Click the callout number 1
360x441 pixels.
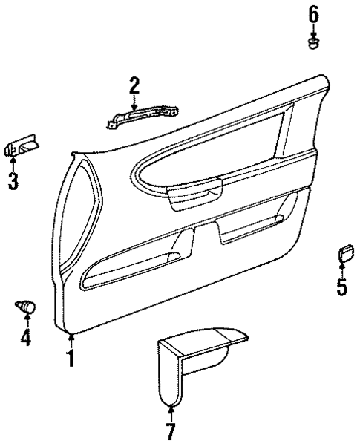pyautogui.click(x=71, y=360)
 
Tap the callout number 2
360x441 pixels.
pyautogui.click(x=134, y=86)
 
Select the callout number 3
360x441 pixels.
pyautogui.click(x=13, y=180)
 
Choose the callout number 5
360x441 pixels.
pyautogui.click(x=341, y=287)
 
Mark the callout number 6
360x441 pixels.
pyautogui.click(x=313, y=13)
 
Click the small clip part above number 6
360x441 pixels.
pyautogui.click(x=313, y=43)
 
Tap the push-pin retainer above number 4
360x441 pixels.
pyautogui.click(x=26, y=304)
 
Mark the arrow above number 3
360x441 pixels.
pyautogui.click(x=13, y=163)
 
